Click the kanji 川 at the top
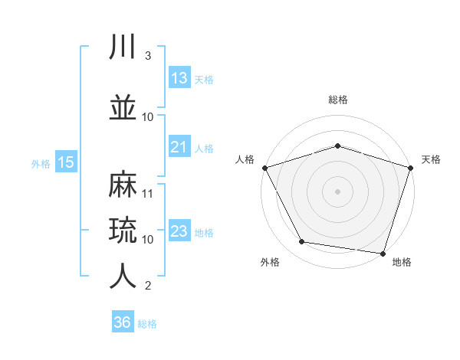coord(122,46)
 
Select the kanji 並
coord(123,107)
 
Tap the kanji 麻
coord(123,184)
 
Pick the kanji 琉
coord(123,230)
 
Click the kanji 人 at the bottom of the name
coord(123,276)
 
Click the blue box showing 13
coord(179,77)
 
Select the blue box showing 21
coord(179,146)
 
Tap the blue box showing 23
coord(179,230)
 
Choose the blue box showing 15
coord(66,162)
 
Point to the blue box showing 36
coord(123,321)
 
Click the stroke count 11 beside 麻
coord(147,194)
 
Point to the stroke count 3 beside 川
coord(148,56)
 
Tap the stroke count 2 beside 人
coord(148,286)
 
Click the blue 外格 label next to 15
coord(41,164)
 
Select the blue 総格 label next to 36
coord(147,324)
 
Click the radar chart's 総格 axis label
coord(338,100)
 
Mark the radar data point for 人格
coord(265,168)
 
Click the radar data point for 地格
coord(383,254)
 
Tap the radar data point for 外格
coord(302,241)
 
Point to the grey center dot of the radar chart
coord(337,191)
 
